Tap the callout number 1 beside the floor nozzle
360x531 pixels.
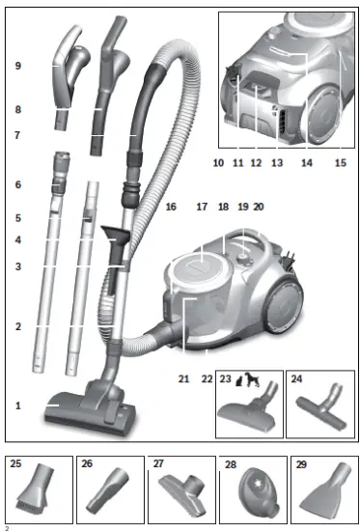click(x=18, y=405)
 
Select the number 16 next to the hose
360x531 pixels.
click(x=171, y=207)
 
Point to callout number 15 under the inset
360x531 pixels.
click(x=339, y=163)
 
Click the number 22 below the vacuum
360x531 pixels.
click(x=206, y=379)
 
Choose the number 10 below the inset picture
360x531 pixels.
click(x=218, y=163)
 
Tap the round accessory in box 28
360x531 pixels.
click(x=252, y=491)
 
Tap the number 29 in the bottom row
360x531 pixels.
click(x=301, y=463)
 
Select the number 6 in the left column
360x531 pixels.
click(x=18, y=183)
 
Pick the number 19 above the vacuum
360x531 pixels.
click(x=242, y=207)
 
